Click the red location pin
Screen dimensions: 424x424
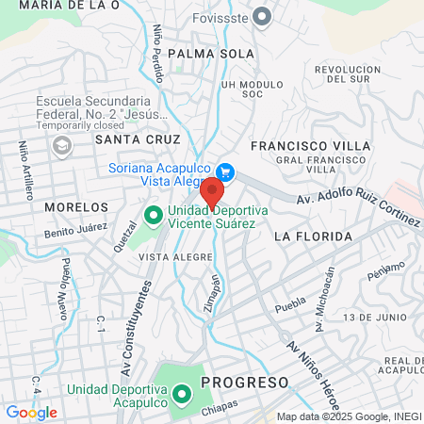212,191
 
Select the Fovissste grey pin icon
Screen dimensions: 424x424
263,15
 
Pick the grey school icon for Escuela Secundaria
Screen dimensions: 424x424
62,145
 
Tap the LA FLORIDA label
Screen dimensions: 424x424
313,236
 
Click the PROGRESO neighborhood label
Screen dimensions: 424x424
244,383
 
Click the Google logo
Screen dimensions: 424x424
31,412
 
